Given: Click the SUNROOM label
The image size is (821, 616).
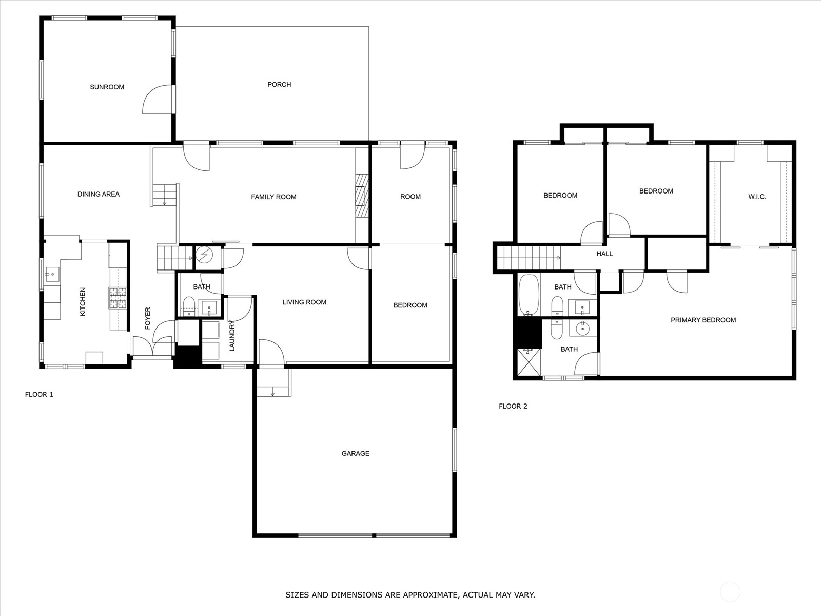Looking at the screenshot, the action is point(107,87).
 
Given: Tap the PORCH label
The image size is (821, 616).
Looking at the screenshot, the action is point(279,85).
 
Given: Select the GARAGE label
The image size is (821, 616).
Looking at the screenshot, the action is point(355,453).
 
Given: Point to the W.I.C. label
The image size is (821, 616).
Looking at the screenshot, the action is point(757,197).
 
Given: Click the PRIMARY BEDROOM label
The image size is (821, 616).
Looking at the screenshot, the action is point(703,320).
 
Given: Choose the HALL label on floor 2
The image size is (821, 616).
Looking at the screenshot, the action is point(604,254).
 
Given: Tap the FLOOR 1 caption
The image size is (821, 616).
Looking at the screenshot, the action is point(40,394).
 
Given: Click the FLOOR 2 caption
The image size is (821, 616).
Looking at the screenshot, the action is point(513,406).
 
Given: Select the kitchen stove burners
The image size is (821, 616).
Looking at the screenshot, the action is point(118,298).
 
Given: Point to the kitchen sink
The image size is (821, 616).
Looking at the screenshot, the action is point(52,275).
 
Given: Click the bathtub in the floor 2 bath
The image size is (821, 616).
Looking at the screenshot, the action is point(529,295).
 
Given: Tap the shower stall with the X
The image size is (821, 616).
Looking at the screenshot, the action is point(529,362).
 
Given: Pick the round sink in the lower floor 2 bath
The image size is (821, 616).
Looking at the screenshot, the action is point(583,329).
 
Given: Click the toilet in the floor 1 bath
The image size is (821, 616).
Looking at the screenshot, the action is point(189,306).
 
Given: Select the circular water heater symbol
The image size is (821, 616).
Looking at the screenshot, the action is point(205,255).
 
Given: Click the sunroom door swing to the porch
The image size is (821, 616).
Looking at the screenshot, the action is point(158,100).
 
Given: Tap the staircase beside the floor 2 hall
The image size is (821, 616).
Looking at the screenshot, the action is point(529,258).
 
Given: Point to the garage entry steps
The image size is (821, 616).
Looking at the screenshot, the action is point(274,382).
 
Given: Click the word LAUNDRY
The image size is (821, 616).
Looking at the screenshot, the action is point(232,336).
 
